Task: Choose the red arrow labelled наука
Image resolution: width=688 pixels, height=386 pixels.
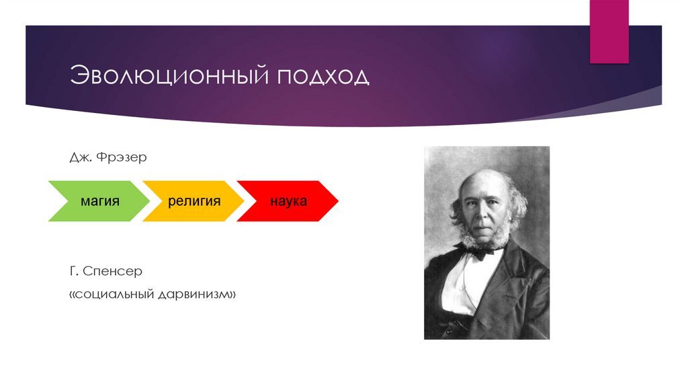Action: click(x=288, y=200)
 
